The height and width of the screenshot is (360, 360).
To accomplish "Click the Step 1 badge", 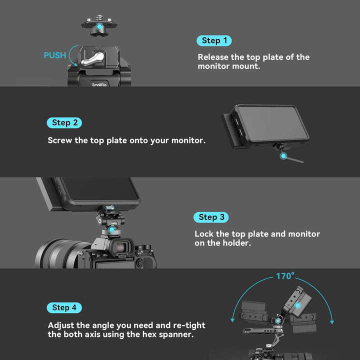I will pos(214,40).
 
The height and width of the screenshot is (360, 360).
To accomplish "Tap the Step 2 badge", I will pos(64,122).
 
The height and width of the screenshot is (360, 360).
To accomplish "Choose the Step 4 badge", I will pos(64,307).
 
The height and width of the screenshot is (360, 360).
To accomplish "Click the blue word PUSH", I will pos(54,55).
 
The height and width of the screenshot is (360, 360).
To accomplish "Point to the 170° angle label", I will pos(285,276).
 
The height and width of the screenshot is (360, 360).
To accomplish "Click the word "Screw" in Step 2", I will pos(60,140).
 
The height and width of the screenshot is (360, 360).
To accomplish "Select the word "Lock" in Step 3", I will pos(204,234).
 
